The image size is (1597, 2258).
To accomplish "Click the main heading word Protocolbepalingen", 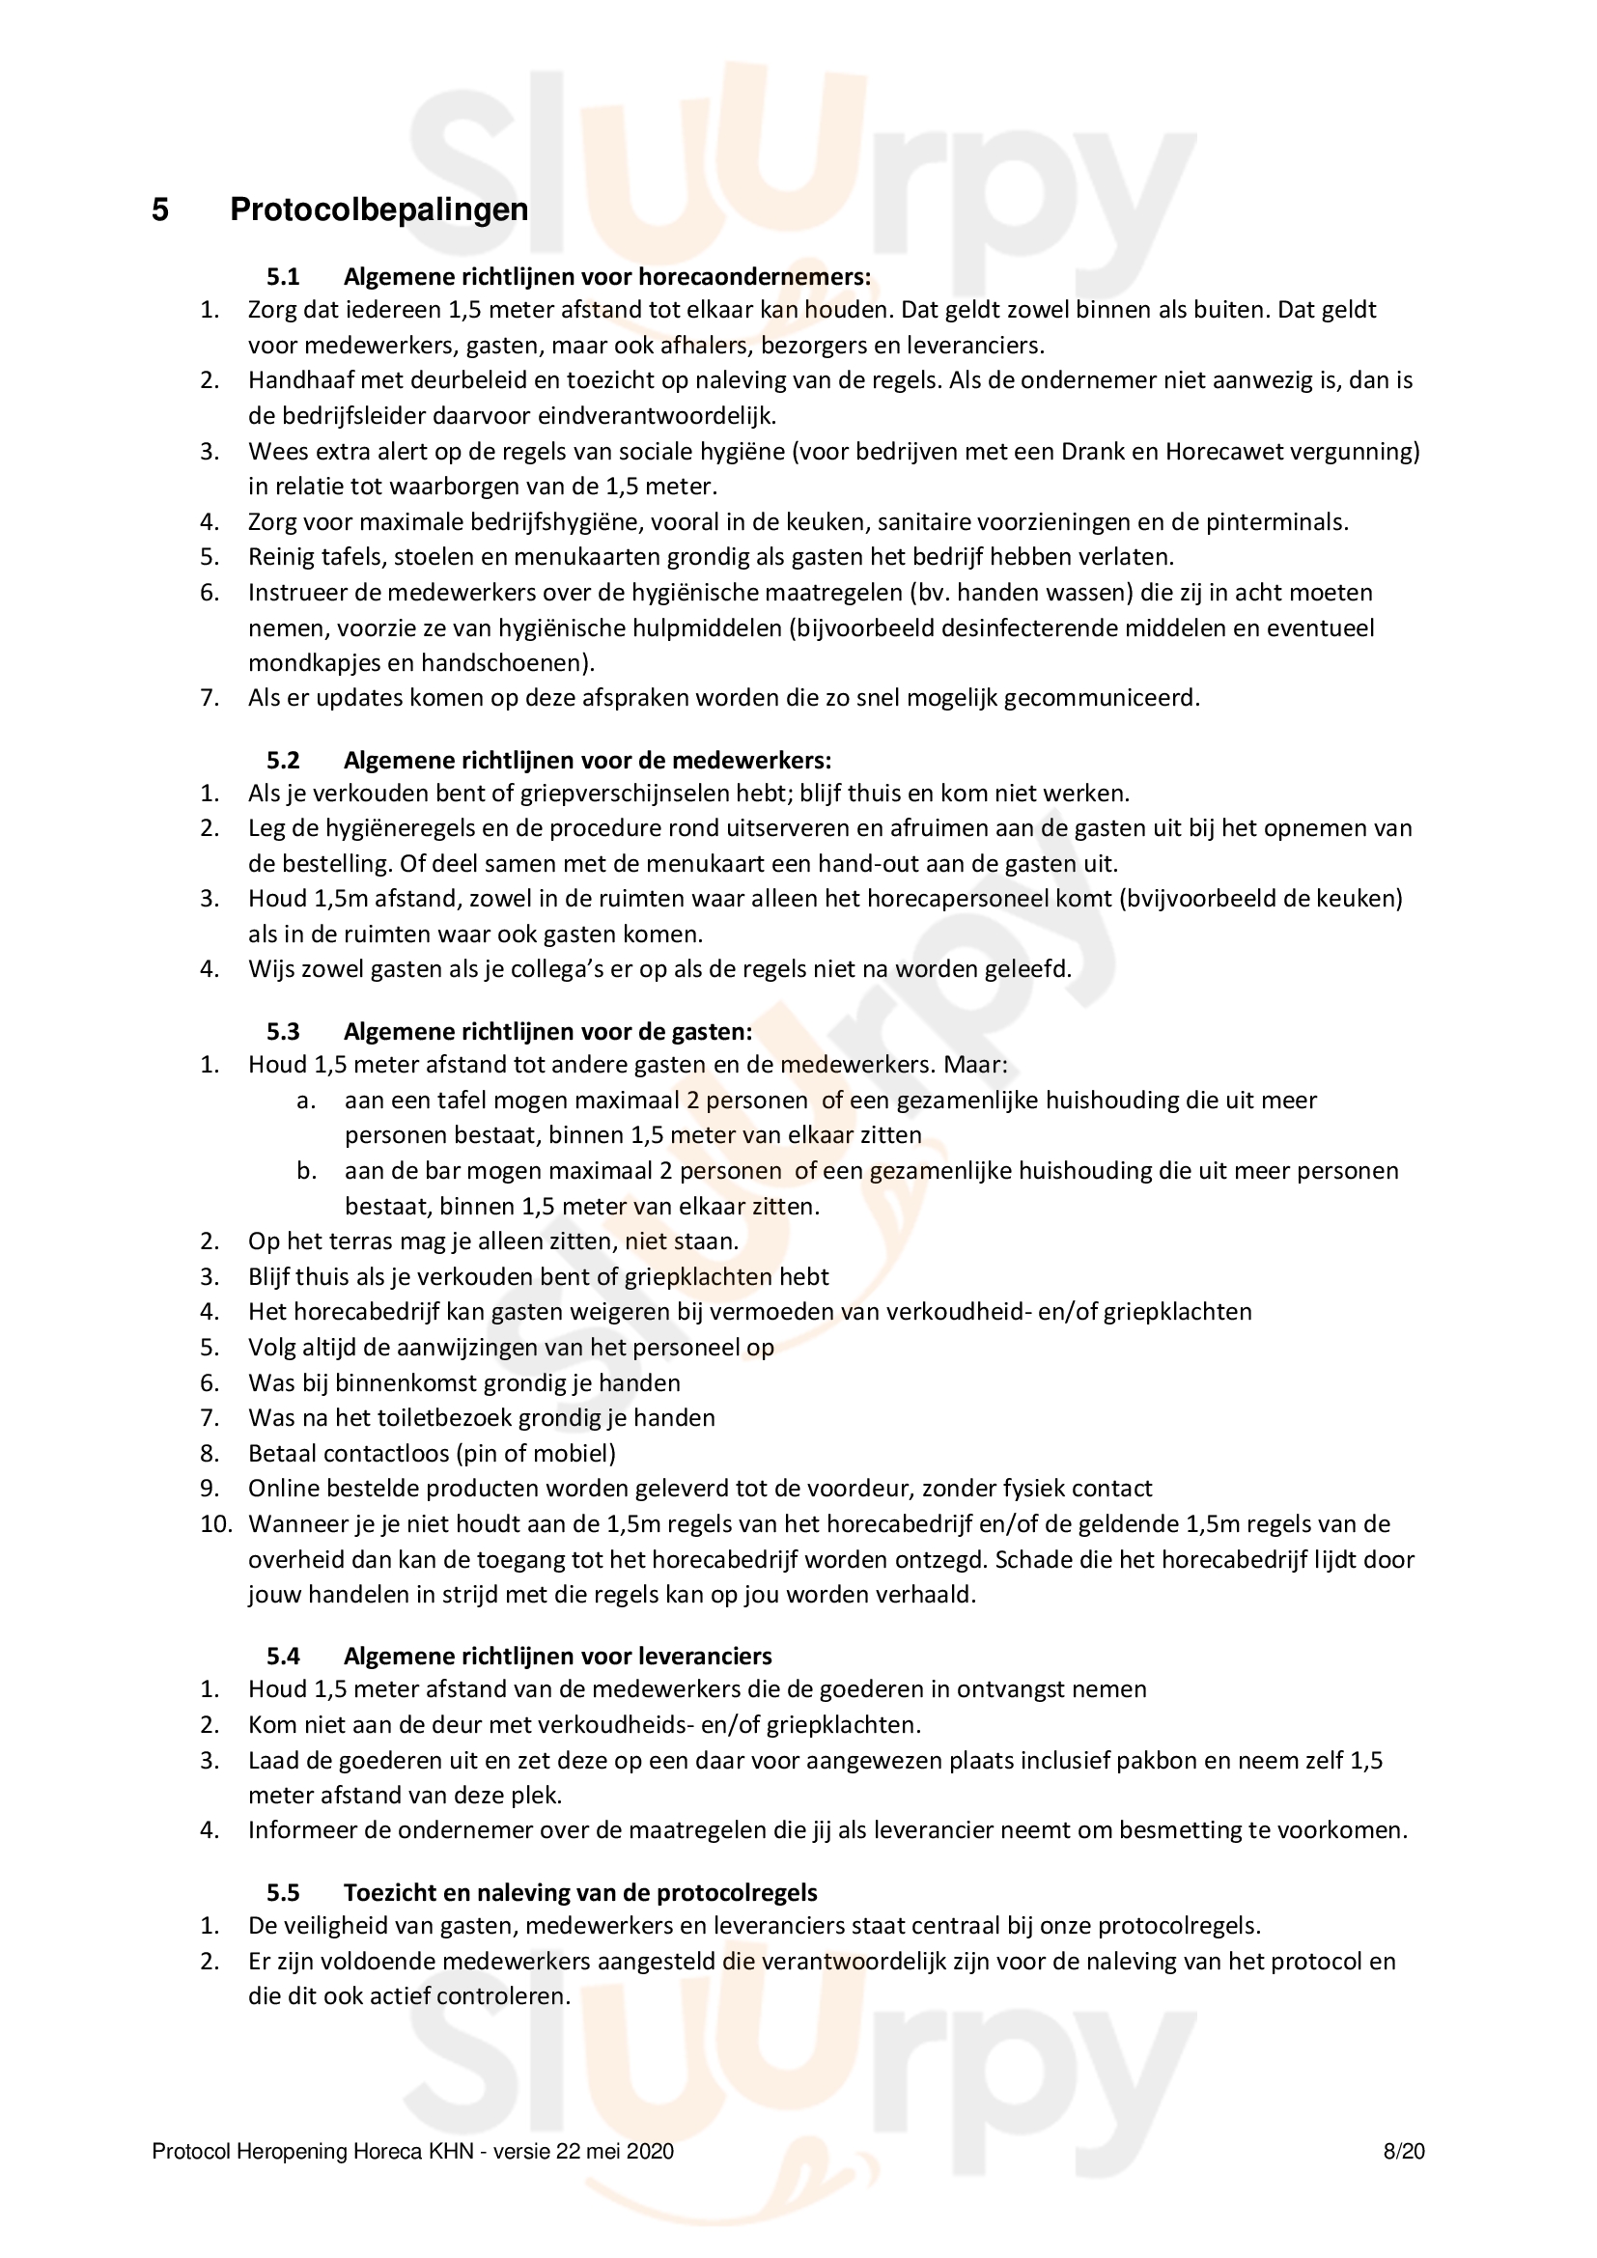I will click(378, 209).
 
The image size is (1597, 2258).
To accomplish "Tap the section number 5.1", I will click(283, 276).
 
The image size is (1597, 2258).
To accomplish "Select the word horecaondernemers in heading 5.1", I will click(754, 276).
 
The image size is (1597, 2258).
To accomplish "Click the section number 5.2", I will click(283, 760).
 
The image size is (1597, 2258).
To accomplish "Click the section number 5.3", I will click(283, 1032).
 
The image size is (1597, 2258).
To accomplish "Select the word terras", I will click(360, 1241).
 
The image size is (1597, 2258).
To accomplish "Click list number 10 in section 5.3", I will click(215, 1524).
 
